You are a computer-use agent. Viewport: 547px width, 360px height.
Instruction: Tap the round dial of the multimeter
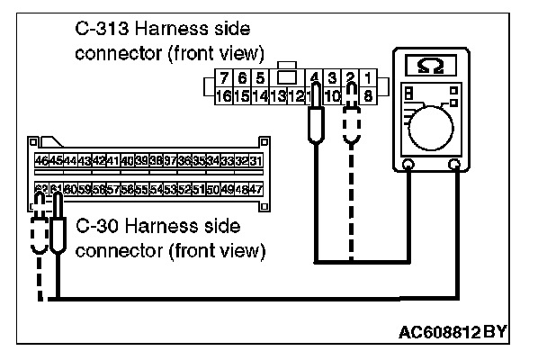click(x=435, y=125)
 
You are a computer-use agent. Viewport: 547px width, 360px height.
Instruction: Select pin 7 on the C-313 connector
click(x=227, y=77)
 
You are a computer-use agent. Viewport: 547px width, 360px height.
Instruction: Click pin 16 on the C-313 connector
click(x=227, y=94)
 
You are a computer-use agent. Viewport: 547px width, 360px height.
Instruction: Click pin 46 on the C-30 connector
click(x=41, y=160)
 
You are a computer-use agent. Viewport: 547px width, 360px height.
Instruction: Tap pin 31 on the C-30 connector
click(x=256, y=160)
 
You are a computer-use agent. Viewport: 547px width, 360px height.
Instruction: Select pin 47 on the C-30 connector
click(x=256, y=190)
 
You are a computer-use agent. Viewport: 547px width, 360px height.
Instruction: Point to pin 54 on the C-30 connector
click(x=156, y=190)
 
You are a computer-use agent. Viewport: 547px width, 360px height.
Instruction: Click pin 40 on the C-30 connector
click(x=127, y=160)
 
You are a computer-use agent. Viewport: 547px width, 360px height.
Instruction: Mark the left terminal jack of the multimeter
click(x=408, y=165)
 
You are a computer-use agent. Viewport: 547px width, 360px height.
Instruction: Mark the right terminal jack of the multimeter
click(x=454, y=165)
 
